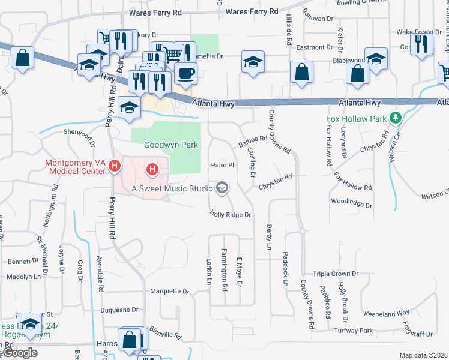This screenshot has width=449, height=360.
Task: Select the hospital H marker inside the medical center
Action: click(152, 170)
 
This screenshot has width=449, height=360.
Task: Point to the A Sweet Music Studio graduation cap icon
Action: click(222, 188)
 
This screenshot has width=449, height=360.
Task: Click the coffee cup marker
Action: click(185, 74)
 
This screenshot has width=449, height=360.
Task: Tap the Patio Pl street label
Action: click(221, 164)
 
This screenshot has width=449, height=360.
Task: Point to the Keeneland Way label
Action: click(387, 313)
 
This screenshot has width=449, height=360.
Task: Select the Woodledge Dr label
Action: click(351, 203)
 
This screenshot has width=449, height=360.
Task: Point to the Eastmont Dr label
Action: click(314, 47)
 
